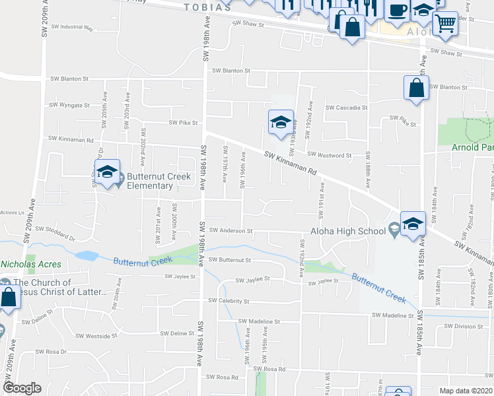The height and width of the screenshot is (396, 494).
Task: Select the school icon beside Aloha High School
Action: [x=413, y=224]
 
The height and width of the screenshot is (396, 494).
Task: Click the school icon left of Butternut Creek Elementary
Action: [x=106, y=172]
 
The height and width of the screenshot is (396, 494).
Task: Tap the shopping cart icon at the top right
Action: [x=446, y=22]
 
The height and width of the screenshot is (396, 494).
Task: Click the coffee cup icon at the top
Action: [x=398, y=11]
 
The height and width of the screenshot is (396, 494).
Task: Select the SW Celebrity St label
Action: [x=229, y=301]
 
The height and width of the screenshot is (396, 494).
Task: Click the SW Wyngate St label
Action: [x=70, y=105]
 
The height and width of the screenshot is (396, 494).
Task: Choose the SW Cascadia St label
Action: [x=346, y=108]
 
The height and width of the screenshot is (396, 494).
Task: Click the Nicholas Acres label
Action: [x=31, y=264]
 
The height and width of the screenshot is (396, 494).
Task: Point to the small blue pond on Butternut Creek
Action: [x=86, y=255]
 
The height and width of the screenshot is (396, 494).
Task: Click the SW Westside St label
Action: [x=97, y=335]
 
